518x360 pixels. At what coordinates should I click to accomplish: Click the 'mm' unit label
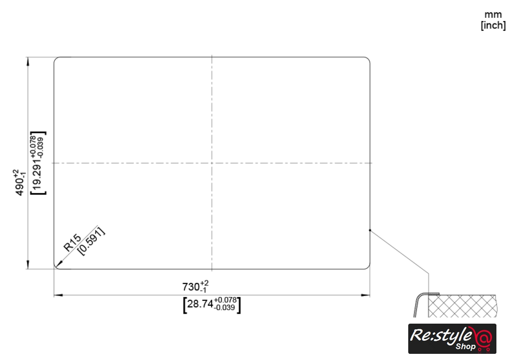tap(493, 15)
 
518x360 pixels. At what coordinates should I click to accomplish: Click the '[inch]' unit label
tap(493, 25)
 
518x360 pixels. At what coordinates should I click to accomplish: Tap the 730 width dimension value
tap(191, 287)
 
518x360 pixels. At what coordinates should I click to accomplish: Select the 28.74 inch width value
tap(200, 304)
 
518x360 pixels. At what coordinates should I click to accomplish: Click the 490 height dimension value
tap(20, 187)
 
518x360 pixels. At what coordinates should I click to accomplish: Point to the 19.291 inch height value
tap(38, 173)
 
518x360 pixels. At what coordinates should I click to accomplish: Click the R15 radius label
tap(72, 243)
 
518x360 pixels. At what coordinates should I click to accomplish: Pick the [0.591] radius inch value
tap(91, 241)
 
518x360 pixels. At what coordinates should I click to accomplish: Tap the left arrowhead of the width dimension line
tap(58, 295)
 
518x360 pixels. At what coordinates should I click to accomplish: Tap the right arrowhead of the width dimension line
tap(366, 295)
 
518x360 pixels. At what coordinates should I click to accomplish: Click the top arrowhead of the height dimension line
tap(28, 62)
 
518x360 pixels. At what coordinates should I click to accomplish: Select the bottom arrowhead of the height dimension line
tap(28, 264)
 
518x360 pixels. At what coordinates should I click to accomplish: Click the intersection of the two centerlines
tap(212, 163)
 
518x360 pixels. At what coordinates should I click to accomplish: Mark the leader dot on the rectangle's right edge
tap(370, 230)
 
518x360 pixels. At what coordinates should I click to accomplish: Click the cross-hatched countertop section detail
tap(462, 306)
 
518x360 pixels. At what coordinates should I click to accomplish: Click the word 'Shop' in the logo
tap(466, 346)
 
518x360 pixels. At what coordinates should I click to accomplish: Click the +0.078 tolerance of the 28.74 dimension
tap(225, 300)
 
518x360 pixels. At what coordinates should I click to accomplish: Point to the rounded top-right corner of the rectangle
tap(368, 59)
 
